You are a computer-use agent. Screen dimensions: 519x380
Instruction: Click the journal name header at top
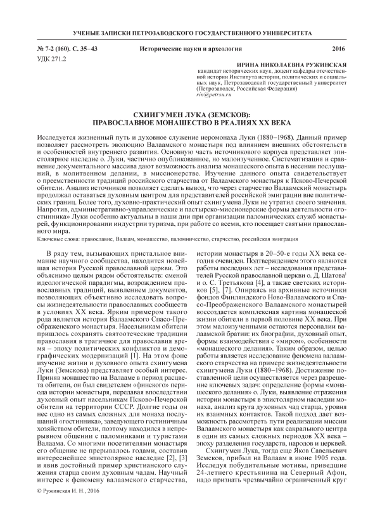189,32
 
